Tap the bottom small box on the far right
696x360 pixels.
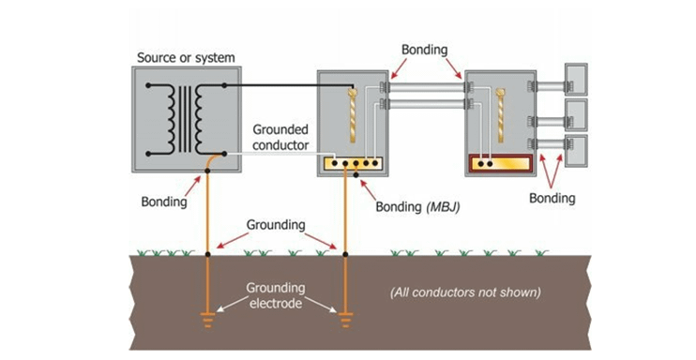tap(575, 150)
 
